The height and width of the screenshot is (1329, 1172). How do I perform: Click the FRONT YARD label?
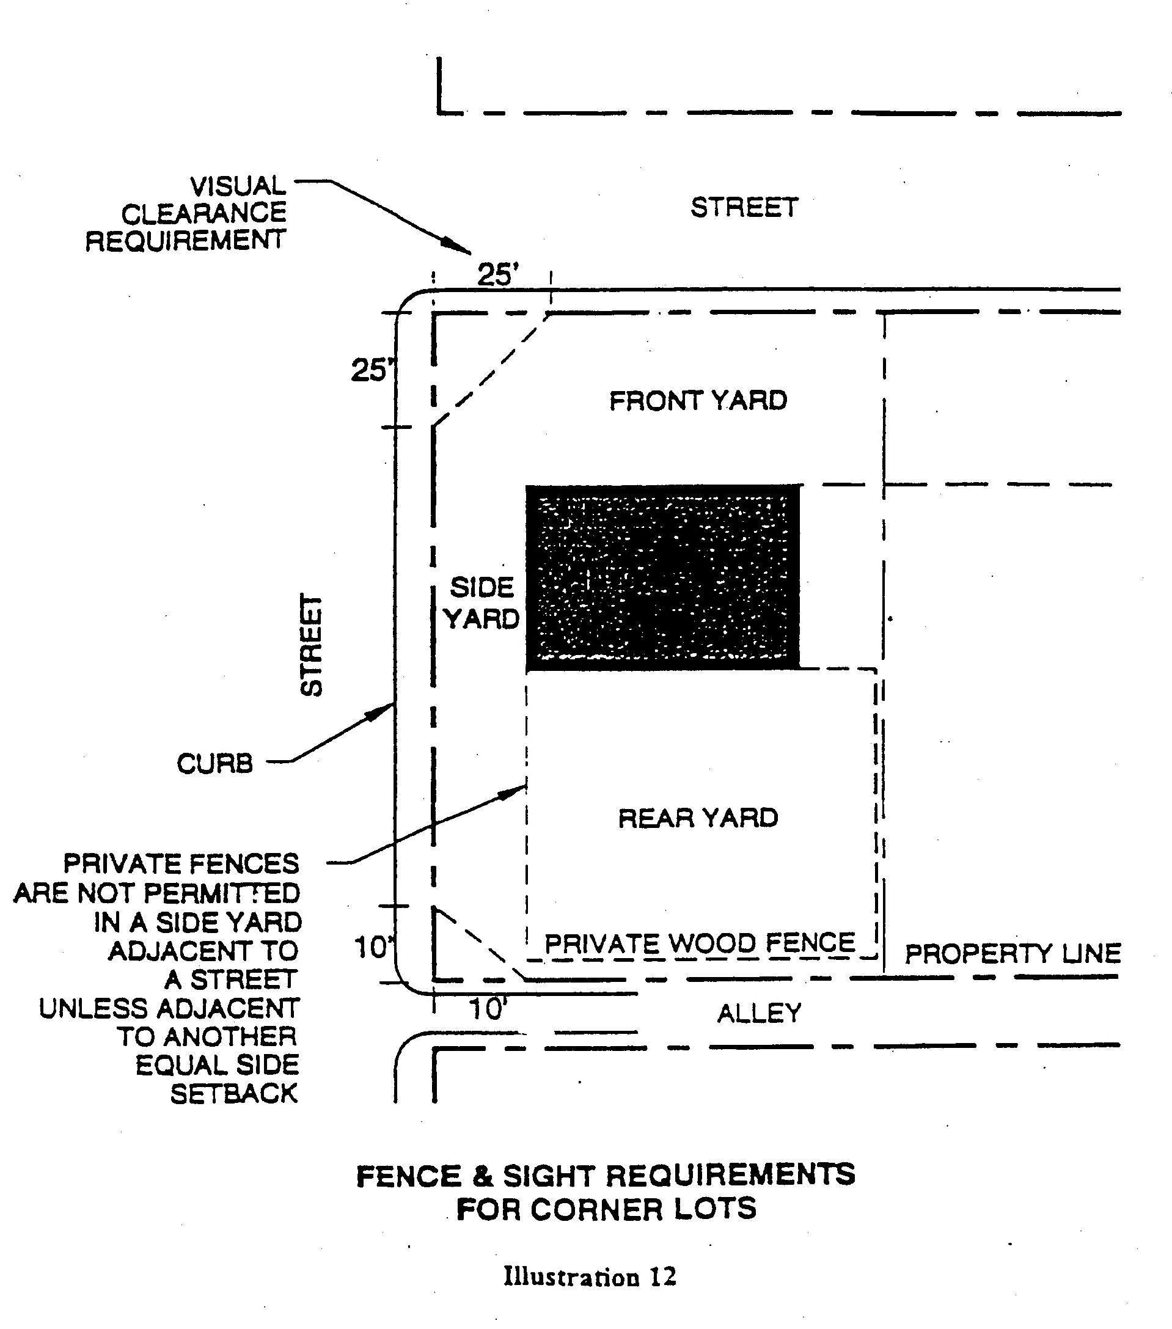[698, 400]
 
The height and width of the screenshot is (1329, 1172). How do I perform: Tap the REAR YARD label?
[698, 818]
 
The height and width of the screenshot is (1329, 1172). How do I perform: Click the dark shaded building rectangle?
[663, 577]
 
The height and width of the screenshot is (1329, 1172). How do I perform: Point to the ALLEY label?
[759, 1013]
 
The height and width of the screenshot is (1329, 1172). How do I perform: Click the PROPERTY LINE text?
[1013, 954]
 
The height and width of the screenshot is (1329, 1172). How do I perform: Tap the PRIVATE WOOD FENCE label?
[700, 943]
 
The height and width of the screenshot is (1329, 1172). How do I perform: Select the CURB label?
[214, 763]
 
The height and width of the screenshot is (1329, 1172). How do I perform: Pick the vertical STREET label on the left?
[312, 645]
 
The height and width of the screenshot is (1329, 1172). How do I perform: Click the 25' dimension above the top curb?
[497, 274]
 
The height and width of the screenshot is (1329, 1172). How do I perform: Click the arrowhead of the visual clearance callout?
[461, 247]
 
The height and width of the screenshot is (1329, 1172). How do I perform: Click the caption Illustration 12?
[590, 1276]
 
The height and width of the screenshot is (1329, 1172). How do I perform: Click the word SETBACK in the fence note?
[234, 1094]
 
